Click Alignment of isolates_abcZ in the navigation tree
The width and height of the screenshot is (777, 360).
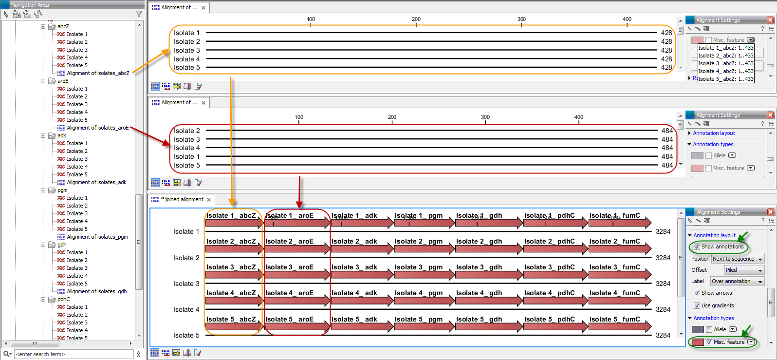(97, 73)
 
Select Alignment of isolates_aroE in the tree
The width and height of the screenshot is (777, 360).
(97, 128)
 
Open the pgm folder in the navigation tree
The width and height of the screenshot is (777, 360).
(62, 190)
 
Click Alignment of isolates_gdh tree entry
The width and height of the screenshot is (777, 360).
(96, 291)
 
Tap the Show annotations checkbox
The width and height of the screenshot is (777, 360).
(697, 246)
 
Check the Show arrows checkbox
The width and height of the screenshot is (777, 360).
(697, 293)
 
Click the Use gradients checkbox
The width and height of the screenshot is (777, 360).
(697, 305)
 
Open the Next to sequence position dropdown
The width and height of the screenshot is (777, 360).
(737, 259)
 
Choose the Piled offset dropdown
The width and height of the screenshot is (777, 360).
(743, 270)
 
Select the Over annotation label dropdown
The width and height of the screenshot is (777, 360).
(737, 281)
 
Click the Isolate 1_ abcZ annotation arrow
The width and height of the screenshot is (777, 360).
(234, 224)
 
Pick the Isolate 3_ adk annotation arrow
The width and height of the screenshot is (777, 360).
(362, 275)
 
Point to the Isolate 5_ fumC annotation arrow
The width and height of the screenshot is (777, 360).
(619, 327)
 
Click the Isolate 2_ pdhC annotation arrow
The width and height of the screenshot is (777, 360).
(555, 249)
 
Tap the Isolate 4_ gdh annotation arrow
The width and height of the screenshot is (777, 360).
(488, 301)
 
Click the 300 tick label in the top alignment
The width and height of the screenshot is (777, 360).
(521, 19)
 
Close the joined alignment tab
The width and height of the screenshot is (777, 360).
(209, 200)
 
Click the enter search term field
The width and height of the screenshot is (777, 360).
(73, 354)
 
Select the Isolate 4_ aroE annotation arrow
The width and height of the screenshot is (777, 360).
(297, 301)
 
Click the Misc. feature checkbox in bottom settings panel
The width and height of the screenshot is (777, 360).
(709, 342)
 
